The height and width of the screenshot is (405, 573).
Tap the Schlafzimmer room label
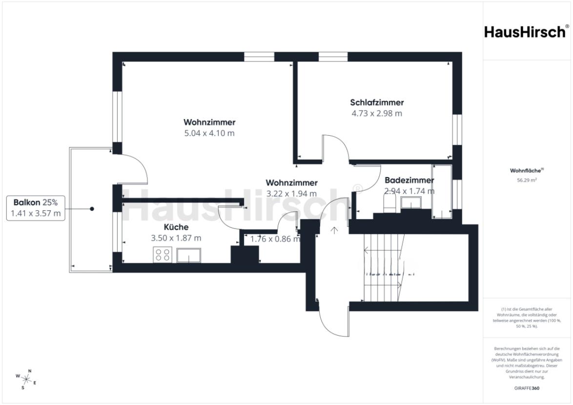point(376,102)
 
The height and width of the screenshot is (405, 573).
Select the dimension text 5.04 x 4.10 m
point(209,133)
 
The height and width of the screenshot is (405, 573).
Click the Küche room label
point(176,227)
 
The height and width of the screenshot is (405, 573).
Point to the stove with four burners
point(163,255)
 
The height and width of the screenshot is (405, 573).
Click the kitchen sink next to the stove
point(189,255)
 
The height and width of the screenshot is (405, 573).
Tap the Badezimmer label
point(409,180)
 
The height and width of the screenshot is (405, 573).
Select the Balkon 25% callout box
point(35,208)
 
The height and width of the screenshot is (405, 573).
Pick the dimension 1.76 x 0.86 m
point(275,239)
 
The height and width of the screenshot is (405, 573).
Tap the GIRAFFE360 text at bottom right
point(527,388)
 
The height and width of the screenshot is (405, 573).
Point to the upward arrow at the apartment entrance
point(334,230)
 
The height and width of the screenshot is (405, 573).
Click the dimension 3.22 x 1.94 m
point(291,193)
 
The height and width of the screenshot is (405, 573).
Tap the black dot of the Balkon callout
point(92,209)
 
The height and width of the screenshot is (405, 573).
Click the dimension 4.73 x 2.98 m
point(376,113)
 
